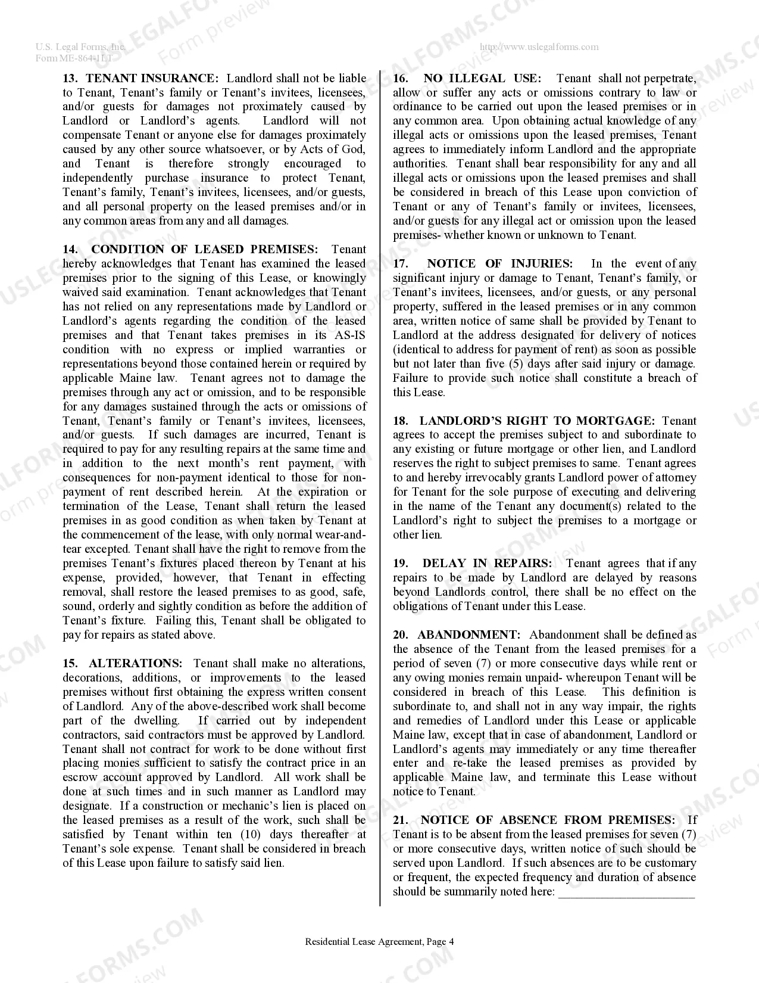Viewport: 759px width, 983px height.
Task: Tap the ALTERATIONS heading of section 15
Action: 136,664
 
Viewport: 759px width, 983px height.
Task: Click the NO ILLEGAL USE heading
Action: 482,78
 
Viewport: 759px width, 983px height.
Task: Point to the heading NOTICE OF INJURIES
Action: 499,264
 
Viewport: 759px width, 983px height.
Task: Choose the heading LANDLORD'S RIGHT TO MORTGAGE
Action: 536,421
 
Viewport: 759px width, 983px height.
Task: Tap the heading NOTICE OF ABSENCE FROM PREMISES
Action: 548,820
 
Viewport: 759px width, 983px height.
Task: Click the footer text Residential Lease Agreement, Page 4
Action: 379,942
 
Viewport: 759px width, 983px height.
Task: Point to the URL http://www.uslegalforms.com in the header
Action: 539,47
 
